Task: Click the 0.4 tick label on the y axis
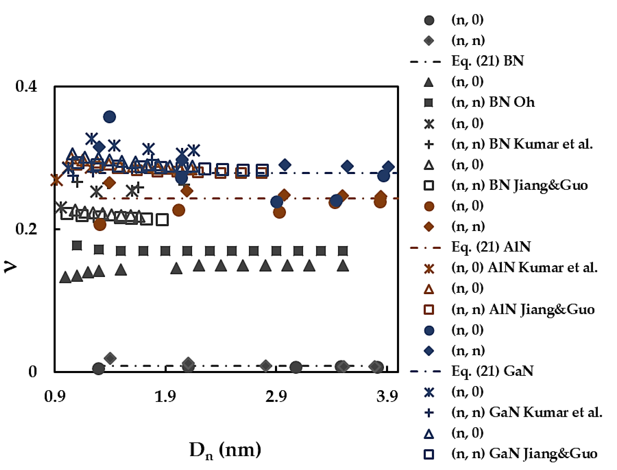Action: coord(26,86)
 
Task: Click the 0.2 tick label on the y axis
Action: coord(26,229)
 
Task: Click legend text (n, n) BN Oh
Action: coord(493,102)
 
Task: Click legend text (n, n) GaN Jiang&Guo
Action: coord(524,454)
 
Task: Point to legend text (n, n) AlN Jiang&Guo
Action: coord(523,309)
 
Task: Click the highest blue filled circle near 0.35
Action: coord(109,117)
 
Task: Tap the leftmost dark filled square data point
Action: coord(77,245)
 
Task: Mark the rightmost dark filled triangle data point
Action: coord(343,266)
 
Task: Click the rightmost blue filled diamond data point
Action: coord(388,167)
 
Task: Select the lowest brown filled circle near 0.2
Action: coord(100,224)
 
